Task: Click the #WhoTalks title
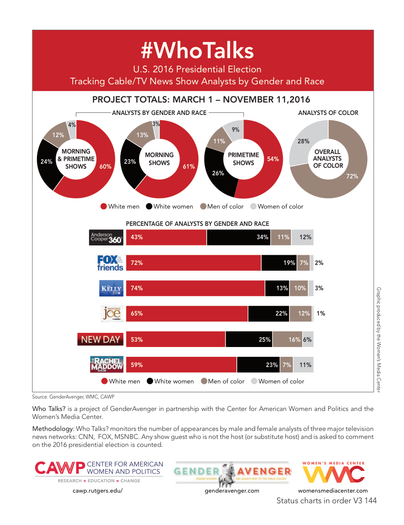click(197, 51)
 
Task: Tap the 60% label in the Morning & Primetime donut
click(106, 167)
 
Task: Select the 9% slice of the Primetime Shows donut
click(235, 130)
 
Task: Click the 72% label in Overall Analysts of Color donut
click(352, 176)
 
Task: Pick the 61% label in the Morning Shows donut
click(188, 167)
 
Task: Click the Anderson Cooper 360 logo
click(106, 237)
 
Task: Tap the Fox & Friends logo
click(110, 263)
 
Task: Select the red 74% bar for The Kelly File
click(195, 288)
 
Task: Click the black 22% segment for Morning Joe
click(268, 313)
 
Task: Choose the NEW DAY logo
click(100, 339)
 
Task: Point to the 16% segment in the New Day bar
click(288, 339)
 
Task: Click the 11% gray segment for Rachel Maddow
click(303, 365)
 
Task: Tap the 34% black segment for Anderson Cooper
click(238, 237)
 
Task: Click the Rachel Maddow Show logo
click(106, 364)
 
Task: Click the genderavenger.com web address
click(231, 491)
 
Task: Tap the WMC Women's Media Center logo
click(333, 474)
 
